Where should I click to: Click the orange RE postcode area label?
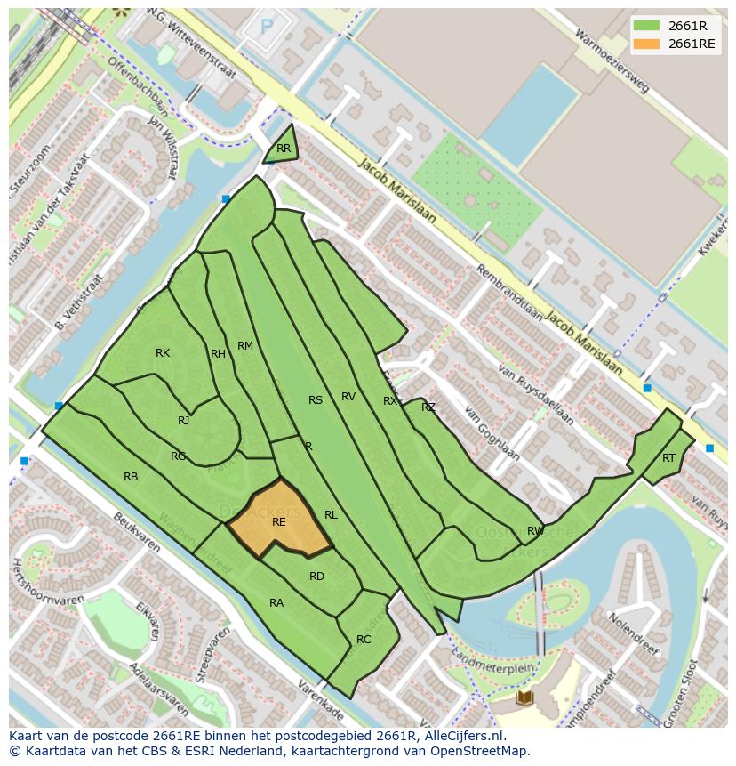click(x=278, y=522)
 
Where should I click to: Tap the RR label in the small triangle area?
click(x=283, y=149)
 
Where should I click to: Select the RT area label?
click(x=668, y=458)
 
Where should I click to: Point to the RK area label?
click(x=162, y=353)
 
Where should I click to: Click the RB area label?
click(x=131, y=477)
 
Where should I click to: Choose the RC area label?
click(x=364, y=640)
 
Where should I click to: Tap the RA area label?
click(x=276, y=603)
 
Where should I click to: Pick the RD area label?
click(x=316, y=577)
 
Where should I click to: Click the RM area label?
click(x=245, y=346)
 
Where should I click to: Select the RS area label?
click(x=316, y=400)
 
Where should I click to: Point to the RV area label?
click(x=348, y=397)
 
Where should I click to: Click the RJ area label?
click(x=183, y=421)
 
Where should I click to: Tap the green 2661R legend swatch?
click(x=646, y=26)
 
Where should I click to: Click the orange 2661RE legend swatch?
click(x=646, y=44)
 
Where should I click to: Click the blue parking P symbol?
click(x=266, y=28)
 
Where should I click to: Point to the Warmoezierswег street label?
click(x=612, y=61)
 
